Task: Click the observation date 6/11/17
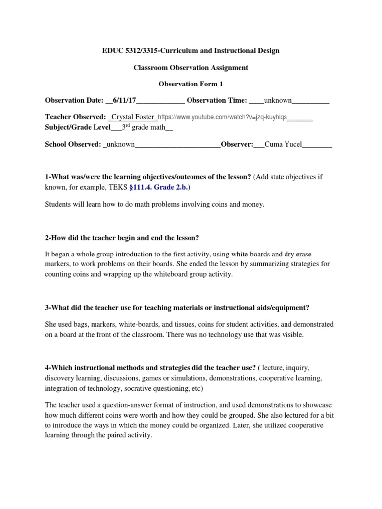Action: (x=125, y=101)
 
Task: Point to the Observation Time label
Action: (x=217, y=101)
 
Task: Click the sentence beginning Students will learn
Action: (x=155, y=205)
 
